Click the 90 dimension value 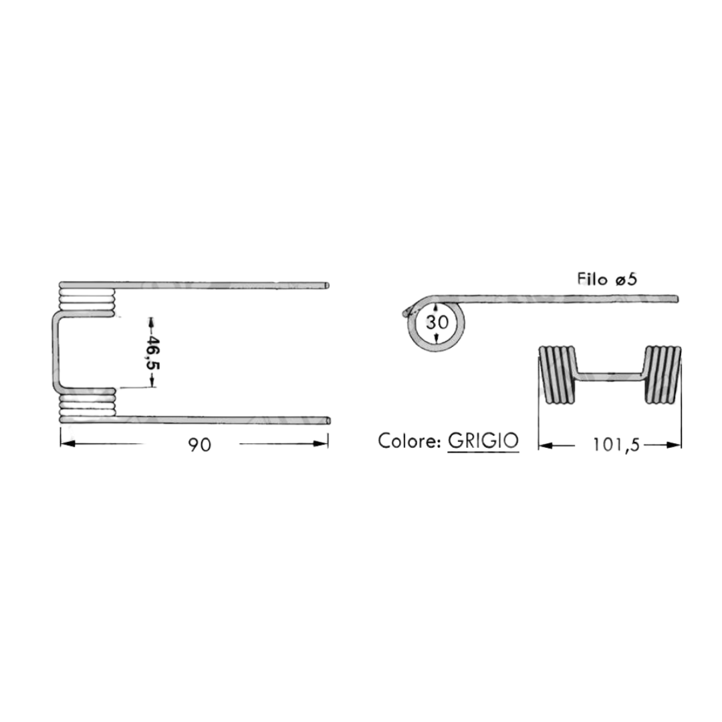(x=199, y=445)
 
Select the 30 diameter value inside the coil (x=437, y=322)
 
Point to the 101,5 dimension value (x=616, y=445)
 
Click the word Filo (x=592, y=279)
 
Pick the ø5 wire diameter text (x=626, y=279)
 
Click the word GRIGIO (x=483, y=441)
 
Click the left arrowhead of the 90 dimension (x=68, y=443)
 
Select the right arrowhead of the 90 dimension (x=320, y=443)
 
